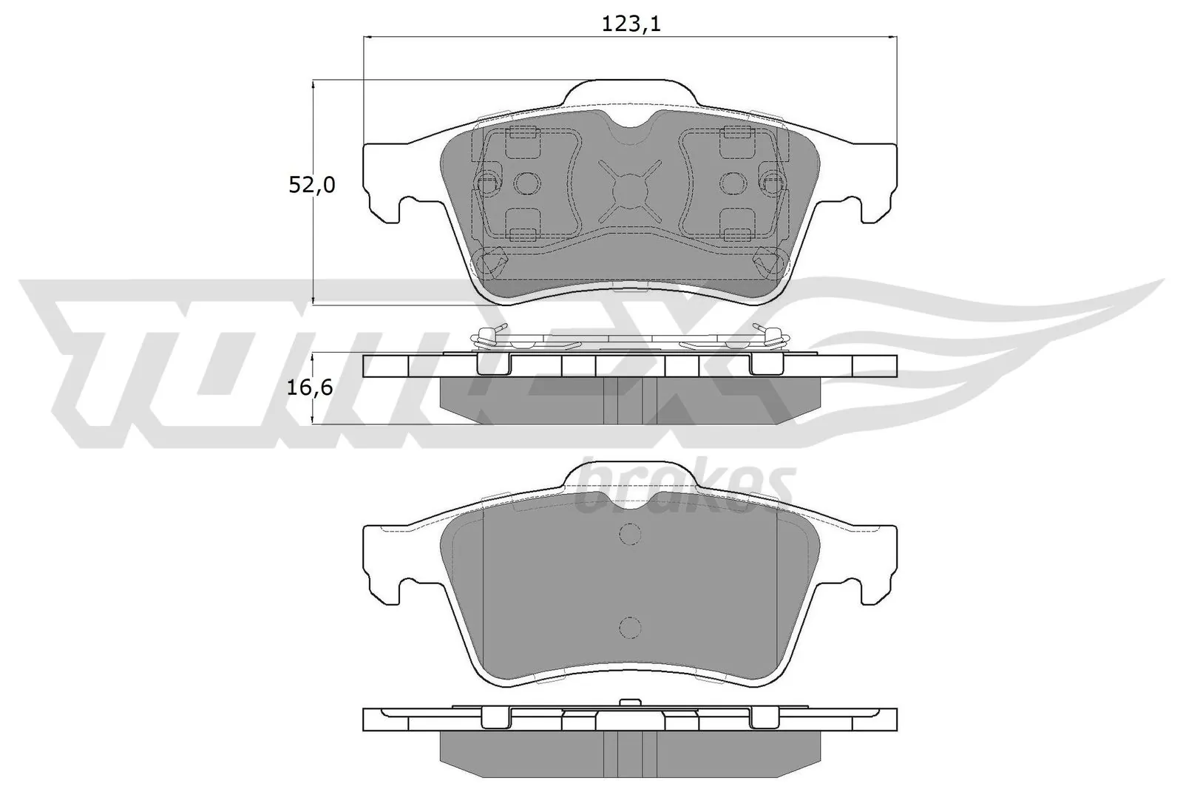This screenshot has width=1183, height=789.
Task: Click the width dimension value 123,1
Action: [630, 24]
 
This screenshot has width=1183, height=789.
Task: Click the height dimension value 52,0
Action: [311, 185]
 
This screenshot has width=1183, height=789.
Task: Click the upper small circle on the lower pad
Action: [629, 533]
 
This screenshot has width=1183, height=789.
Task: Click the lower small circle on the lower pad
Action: [629, 627]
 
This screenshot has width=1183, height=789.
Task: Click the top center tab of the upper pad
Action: [630, 92]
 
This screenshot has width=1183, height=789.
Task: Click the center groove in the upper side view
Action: [630, 401]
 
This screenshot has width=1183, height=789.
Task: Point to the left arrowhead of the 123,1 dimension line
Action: [368, 37]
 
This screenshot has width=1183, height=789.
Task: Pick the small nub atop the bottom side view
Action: [630, 702]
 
